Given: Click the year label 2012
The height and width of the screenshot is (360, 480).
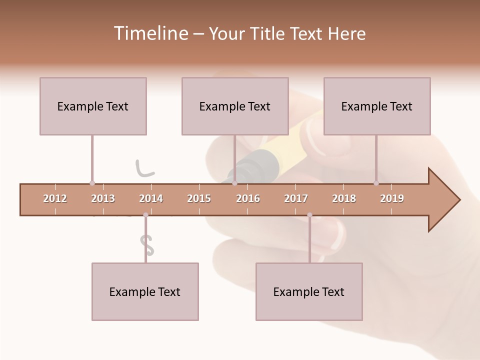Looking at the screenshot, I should coord(55,198).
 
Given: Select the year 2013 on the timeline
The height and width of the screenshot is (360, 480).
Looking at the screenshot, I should coord(103,198).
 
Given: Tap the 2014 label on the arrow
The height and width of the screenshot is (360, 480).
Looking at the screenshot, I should coord(151,198).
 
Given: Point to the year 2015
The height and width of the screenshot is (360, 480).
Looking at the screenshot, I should coord(199,198).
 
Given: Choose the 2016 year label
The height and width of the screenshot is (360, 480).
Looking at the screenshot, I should coord(248,198).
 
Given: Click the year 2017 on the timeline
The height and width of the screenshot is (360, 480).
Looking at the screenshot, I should coord(296,198).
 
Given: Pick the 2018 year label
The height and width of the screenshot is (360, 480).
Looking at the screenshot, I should coord(344,198).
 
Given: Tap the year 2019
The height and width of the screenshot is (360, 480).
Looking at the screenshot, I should coord(392,198).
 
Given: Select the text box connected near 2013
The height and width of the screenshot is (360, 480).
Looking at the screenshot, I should coord(93,106).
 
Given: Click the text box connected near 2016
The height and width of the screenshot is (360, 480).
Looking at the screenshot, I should coord(235,106).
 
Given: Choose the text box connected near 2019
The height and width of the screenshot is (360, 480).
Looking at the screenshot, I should coord(377,106).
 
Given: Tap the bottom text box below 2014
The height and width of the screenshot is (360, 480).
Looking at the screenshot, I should coord(145,291).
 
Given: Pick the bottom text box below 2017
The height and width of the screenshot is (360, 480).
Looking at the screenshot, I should coord(309,291).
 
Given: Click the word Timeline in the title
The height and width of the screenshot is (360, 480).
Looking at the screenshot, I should coord(150,33).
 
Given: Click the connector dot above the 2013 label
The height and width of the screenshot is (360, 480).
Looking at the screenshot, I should coord(92,183).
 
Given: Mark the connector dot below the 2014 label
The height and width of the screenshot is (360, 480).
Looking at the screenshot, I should coord(145,215).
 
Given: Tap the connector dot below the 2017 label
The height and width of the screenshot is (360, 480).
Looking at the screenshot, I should coord(309,215).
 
